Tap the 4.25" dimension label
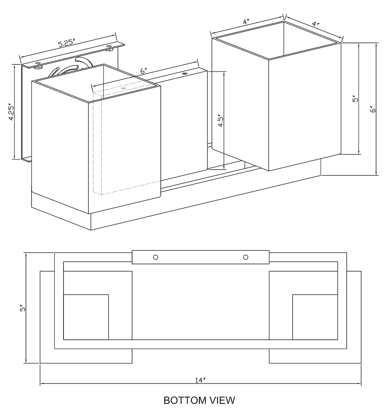click(11, 112)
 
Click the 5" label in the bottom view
click(23, 308)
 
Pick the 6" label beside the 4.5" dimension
click(143, 71)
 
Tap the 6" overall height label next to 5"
click(373, 110)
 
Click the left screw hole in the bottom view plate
click(155, 257)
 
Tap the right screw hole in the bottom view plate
click(245, 257)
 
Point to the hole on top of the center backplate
click(184, 74)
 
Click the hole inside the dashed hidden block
click(123, 89)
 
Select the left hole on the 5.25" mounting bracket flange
click(38, 63)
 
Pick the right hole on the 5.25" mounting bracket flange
click(109, 46)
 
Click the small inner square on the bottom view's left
click(86, 317)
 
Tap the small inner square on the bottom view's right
click(315, 317)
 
